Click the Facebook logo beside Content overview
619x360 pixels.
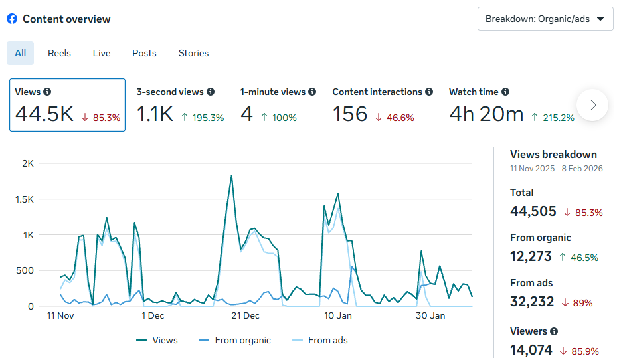click(12, 19)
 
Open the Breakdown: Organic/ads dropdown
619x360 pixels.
click(545, 19)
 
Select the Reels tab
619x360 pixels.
click(59, 53)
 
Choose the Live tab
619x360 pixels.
click(102, 53)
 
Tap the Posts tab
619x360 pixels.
click(144, 53)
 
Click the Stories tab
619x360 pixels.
click(193, 53)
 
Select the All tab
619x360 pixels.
click(21, 53)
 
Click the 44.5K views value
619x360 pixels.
click(44, 114)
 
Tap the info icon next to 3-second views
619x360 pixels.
click(211, 92)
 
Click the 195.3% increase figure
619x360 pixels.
click(203, 118)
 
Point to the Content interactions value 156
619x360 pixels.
click(350, 114)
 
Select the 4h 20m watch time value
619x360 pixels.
click(486, 114)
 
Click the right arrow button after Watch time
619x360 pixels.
click(592, 105)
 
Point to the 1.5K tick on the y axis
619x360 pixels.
click(27, 199)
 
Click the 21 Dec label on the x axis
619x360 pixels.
click(245, 315)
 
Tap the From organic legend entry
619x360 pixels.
click(236, 340)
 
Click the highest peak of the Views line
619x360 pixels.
click(231, 176)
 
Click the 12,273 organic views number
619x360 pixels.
click(531, 256)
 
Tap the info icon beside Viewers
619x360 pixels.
click(554, 331)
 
